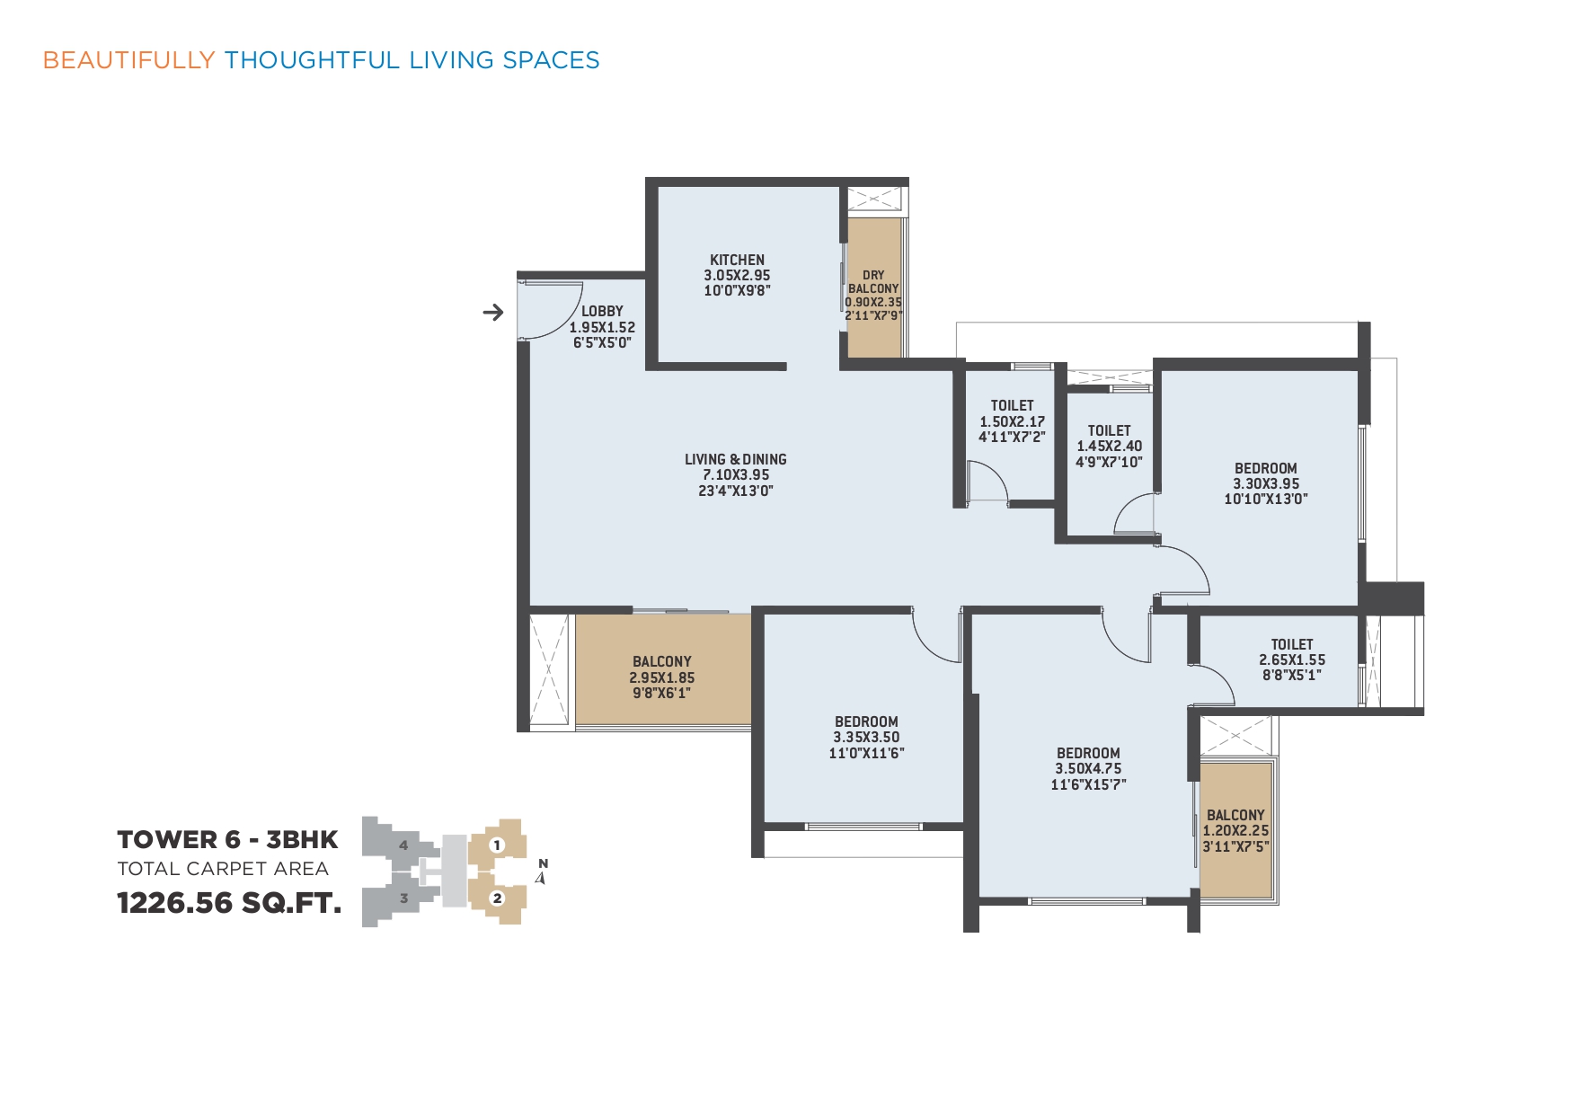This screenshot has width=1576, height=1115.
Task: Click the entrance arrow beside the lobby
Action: pyautogui.click(x=493, y=313)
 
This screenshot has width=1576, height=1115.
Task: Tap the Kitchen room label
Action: pyautogui.click(x=737, y=260)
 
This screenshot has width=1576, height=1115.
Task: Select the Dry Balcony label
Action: pyautogui.click(x=873, y=282)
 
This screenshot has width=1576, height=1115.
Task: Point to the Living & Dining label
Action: pyautogui.click(x=736, y=459)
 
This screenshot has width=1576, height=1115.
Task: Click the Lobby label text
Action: pyautogui.click(x=602, y=311)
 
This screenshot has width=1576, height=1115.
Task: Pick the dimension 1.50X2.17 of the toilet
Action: pyautogui.click(x=1013, y=421)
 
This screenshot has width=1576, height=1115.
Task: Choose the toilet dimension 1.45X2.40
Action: pyautogui.click(x=1110, y=446)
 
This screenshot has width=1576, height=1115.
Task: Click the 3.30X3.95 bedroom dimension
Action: pyautogui.click(x=1266, y=483)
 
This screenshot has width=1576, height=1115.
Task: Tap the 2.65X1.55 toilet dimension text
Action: pyautogui.click(x=1292, y=659)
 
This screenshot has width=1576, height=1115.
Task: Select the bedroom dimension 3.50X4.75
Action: pyautogui.click(x=1088, y=768)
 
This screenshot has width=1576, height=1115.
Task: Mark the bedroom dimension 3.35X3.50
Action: pyautogui.click(x=866, y=737)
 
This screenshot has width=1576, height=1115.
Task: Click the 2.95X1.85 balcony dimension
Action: pyautogui.click(x=662, y=677)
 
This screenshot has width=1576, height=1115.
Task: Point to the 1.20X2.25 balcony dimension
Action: pyautogui.click(x=1236, y=831)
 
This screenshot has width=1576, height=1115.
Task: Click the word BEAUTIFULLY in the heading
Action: pyautogui.click(x=129, y=60)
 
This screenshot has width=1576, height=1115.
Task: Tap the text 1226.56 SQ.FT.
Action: pyautogui.click(x=229, y=902)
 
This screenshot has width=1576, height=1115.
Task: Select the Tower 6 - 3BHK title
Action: pyautogui.click(x=227, y=839)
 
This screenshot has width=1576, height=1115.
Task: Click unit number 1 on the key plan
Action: pyautogui.click(x=497, y=845)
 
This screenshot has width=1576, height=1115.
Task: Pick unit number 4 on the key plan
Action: pyautogui.click(x=403, y=845)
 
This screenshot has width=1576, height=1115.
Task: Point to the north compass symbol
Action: pyautogui.click(x=542, y=872)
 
